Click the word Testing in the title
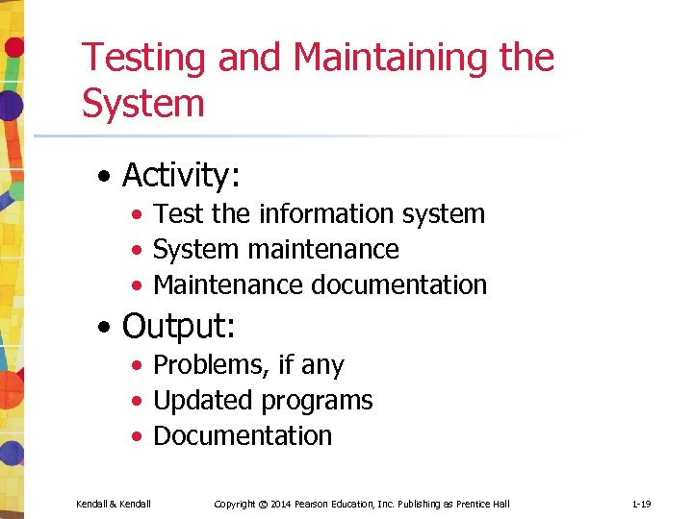click(144, 59)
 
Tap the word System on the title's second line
click(143, 103)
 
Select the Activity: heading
click(181, 176)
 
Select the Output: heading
click(178, 327)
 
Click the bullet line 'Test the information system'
click(319, 213)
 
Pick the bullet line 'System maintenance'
click(275, 249)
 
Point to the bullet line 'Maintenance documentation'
click(320, 284)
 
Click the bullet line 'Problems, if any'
click(248, 365)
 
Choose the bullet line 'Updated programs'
click(263, 400)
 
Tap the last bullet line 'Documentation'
click(243, 435)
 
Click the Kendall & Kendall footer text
click(114, 504)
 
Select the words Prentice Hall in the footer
click(484, 504)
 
